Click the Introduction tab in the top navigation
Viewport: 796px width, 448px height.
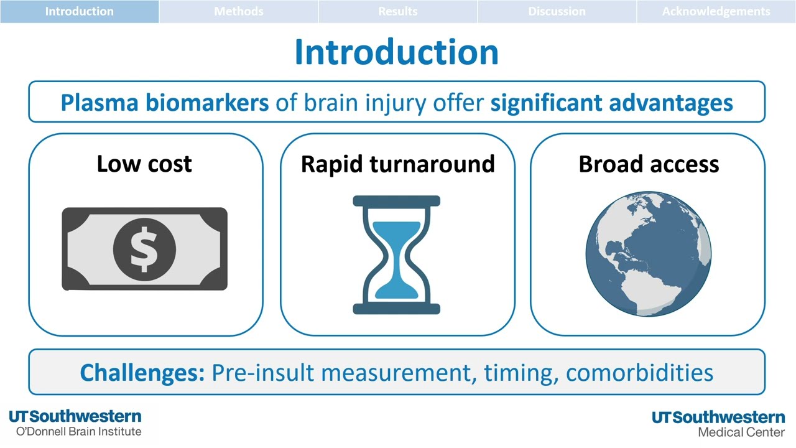(79, 11)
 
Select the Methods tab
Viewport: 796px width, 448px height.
(238, 11)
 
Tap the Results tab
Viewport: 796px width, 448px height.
(397, 11)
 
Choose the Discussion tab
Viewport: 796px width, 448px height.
(557, 11)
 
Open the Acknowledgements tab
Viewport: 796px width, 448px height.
(716, 11)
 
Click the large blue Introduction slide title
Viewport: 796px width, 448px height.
(396, 52)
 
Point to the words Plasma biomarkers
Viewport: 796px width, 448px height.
(165, 103)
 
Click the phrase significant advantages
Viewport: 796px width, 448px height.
(611, 103)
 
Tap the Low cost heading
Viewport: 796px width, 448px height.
(144, 164)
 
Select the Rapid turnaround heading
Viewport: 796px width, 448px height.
(397, 164)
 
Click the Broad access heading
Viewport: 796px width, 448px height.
(649, 164)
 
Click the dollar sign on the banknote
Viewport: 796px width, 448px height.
(144, 249)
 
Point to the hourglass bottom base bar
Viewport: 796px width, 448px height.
(397, 309)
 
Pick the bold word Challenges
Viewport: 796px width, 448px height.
(142, 372)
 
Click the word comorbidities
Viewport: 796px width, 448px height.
(639, 372)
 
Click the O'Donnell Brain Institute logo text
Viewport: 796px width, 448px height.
(78, 431)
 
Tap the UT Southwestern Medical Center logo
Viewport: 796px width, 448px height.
(718, 424)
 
